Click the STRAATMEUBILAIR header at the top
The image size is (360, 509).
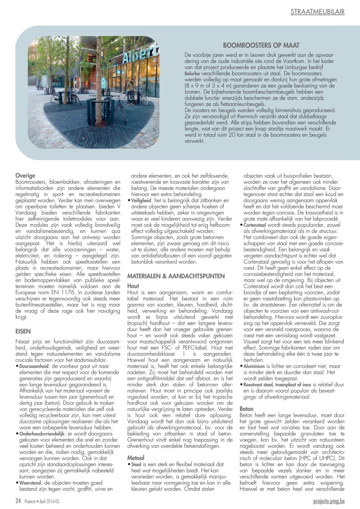[317, 12]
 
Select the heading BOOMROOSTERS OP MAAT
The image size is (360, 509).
[261, 45]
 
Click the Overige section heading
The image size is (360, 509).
[25, 176]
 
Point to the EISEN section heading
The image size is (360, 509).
[23, 331]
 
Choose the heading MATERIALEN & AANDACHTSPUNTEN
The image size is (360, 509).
[176, 276]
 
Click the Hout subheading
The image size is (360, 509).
[133, 286]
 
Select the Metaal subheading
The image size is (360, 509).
[136, 458]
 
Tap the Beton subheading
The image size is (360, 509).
[246, 409]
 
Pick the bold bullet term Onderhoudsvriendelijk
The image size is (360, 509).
[42, 434]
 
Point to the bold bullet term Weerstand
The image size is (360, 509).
[30, 483]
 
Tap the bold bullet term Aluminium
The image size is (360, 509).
[254, 366]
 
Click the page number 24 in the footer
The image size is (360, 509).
[18, 501]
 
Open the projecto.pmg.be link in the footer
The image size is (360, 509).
[329, 501]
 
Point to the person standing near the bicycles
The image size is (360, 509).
[130, 90]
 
